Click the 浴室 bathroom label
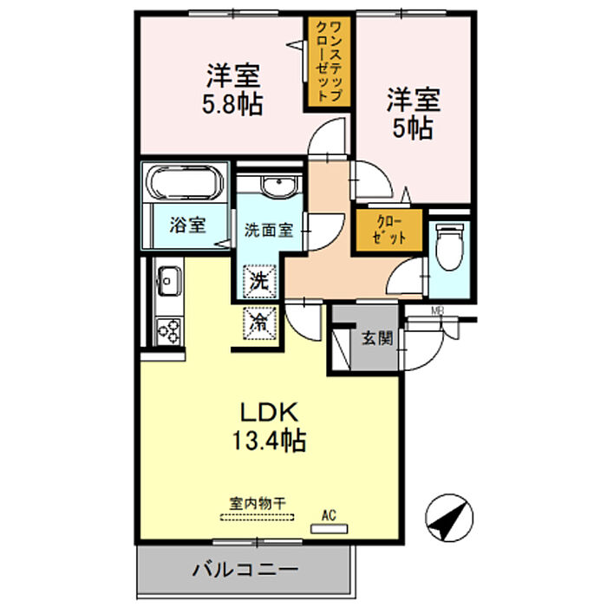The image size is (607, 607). pyautogui.click(x=187, y=225)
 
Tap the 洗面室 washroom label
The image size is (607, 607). pyautogui.click(x=267, y=231)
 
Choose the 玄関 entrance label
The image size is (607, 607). pyautogui.click(x=376, y=338)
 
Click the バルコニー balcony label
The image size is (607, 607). pyautogui.click(x=245, y=571)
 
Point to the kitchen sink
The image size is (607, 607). pyautogui.click(x=168, y=281)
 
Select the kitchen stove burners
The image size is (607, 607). pyautogui.click(x=169, y=330)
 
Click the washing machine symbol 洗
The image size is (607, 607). pyautogui.click(x=258, y=281)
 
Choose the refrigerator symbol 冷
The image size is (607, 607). pyautogui.click(x=259, y=323)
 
